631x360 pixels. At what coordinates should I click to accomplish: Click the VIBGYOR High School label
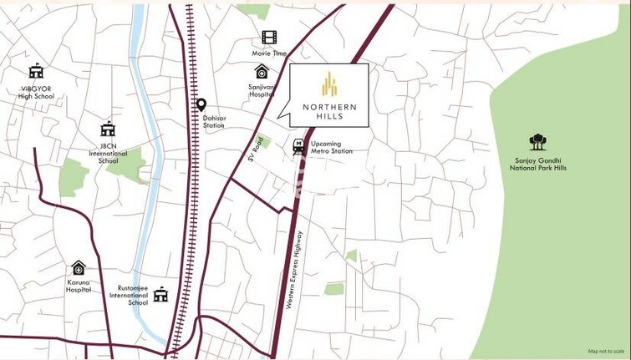tap(36, 91)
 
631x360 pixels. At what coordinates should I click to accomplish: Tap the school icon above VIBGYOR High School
tap(36, 72)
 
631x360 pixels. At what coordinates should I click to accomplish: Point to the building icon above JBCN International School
tap(108, 129)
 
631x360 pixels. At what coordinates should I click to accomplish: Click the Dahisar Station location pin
tap(201, 104)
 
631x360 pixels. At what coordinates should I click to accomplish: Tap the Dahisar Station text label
tap(214, 121)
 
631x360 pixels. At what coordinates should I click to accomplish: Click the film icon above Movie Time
tap(268, 38)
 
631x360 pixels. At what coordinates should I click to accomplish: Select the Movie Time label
tap(269, 53)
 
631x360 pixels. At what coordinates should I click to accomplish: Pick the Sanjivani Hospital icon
tap(262, 72)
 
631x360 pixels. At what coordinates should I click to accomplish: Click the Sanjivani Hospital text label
tap(261, 90)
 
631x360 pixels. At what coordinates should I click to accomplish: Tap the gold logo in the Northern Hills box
tap(329, 84)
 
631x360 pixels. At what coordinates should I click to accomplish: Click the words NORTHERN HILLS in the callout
tap(329, 111)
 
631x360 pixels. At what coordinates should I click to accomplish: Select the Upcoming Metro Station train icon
tap(298, 147)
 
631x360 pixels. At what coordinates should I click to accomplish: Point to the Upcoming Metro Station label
tap(331, 147)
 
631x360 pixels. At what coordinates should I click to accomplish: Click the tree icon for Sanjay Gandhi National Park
tap(537, 142)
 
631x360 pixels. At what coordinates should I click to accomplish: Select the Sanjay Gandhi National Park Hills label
tap(538, 164)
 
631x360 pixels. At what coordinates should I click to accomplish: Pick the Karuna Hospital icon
tap(79, 268)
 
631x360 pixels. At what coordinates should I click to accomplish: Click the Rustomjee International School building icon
tap(160, 295)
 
